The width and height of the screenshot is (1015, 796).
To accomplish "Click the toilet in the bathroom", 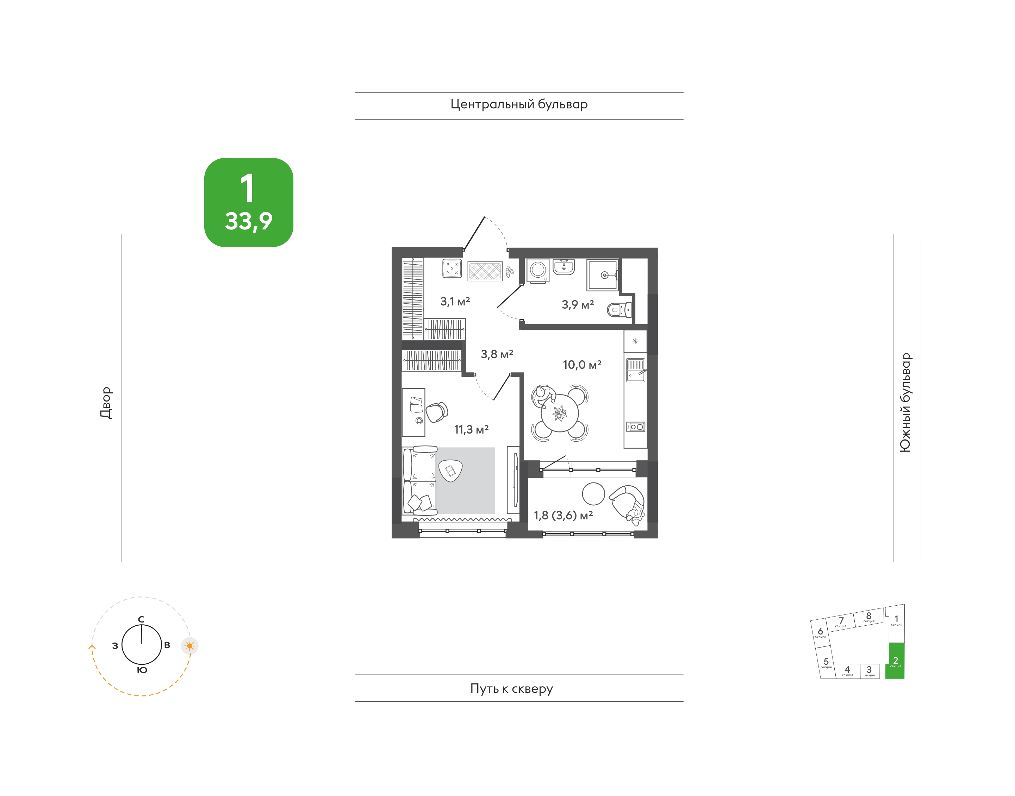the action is pos(619,309).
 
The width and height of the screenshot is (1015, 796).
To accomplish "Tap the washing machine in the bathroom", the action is pos(538,270).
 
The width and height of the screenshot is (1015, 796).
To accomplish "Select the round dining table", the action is pos(560,413).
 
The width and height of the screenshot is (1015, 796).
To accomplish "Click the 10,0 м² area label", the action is pos(582,365).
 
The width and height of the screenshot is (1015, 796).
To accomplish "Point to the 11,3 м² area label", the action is pos(471,429).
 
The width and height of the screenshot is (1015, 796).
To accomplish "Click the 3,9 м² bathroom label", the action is pos(578,305).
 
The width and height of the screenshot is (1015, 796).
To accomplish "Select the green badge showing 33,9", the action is pos(249,202).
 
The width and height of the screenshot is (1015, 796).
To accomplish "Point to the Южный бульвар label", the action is pos(905,402).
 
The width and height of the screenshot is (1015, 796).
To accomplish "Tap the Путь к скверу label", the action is pos(512,689).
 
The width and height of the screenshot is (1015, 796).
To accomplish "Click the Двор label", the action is pos(106,403).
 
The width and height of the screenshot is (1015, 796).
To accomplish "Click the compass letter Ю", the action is pos(142,670).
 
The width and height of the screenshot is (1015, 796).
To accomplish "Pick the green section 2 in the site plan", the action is pos(895,661).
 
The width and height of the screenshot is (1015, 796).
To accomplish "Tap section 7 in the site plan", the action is pos(841,622).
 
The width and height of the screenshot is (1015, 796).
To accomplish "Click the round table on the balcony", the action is pos(593,493).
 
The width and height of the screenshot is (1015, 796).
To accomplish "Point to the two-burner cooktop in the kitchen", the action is pos(635,427).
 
